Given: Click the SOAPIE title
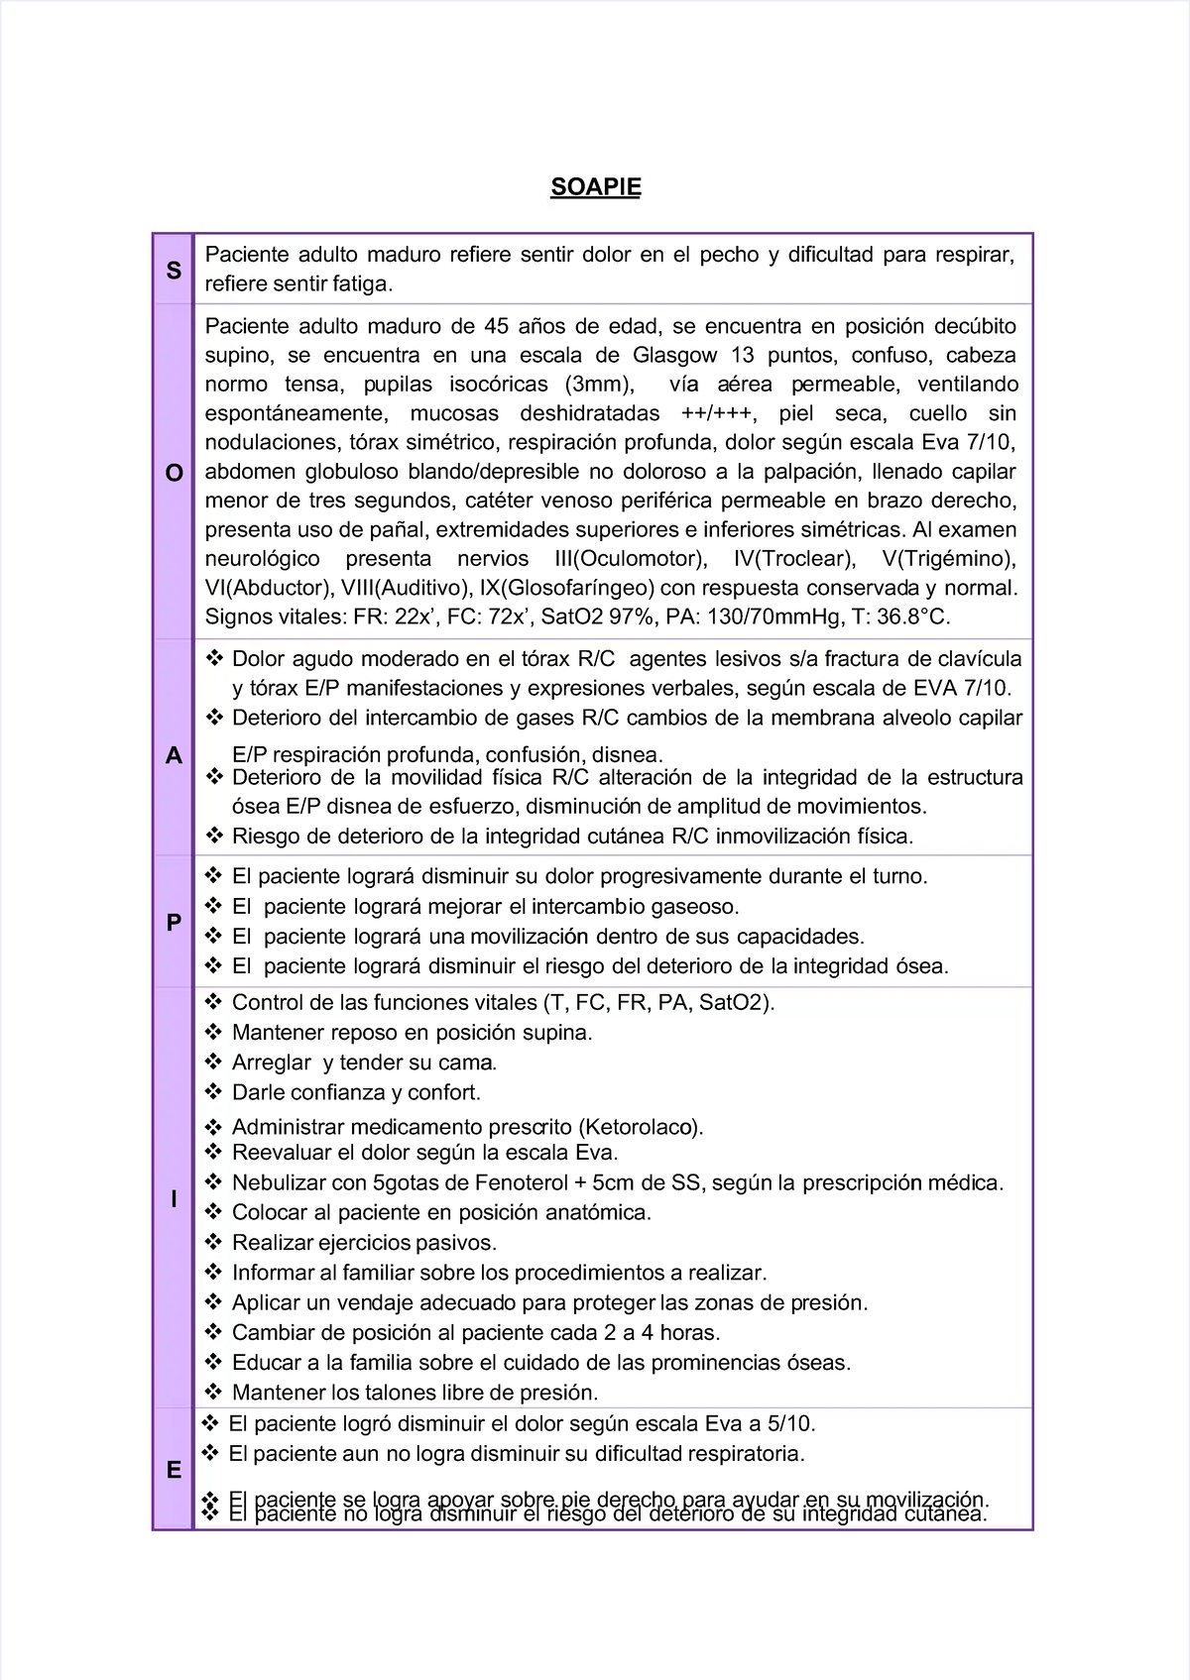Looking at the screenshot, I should (x=595, y=187).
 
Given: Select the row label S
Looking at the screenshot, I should (x=174, y=270).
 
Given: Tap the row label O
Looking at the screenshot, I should (x=174, y=473).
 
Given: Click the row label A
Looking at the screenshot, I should (x=174, y=755).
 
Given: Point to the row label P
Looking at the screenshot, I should (x=174, y=922).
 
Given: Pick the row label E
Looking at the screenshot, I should (x=174, y=1470).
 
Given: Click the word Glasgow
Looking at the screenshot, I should (x=674, y=355).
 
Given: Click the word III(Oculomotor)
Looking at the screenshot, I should (x=631, y=558).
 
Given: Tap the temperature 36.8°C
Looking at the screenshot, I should (x=912, y=616).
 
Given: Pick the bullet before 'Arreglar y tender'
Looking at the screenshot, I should (x=213, y=1062).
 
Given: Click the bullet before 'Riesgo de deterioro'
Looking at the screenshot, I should (x=213, y=836).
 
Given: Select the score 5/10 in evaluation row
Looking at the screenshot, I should (x=789, y=1423).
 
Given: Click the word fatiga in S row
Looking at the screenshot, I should (x=361, y=283).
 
